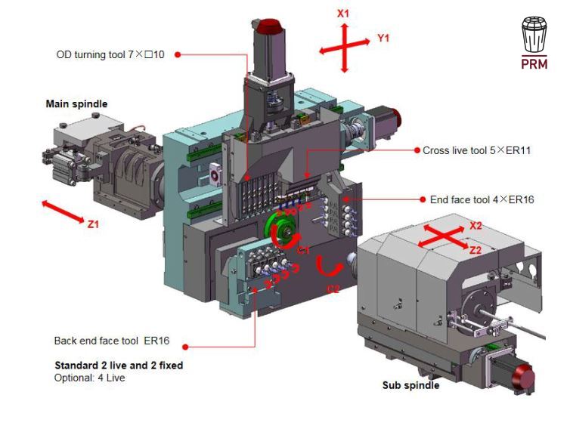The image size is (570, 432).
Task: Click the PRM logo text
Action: [x=534, y=64]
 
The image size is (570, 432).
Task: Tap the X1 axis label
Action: [x=342, y=14]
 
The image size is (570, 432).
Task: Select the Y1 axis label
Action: [x=383, y=38]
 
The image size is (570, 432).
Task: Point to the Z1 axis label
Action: [x=93, y=224]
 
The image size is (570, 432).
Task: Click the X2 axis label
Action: [x=476, y=226]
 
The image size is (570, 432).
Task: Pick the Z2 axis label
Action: [x=475, y=250]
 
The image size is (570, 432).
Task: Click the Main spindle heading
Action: [x=76, y=104]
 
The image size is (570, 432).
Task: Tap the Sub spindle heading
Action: [x=410, y=385]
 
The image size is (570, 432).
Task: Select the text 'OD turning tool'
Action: [x=91, y=55]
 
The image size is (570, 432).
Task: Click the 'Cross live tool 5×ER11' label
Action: [x=476, y=150]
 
